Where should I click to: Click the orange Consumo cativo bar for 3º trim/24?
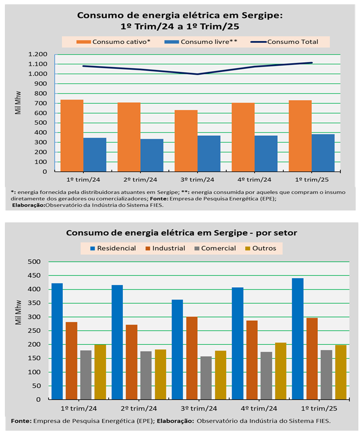(186, 141)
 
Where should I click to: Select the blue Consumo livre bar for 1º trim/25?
(323, 153)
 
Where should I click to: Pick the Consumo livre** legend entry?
(208, 42)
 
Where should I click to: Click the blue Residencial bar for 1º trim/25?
(297, 339)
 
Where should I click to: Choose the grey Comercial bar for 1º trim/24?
(86, 375)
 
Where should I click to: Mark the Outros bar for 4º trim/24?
(280, 371)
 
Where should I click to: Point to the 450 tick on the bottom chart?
(34, 275)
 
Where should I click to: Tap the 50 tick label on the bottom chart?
(36, 386)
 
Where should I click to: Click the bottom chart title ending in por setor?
(181, 233)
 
